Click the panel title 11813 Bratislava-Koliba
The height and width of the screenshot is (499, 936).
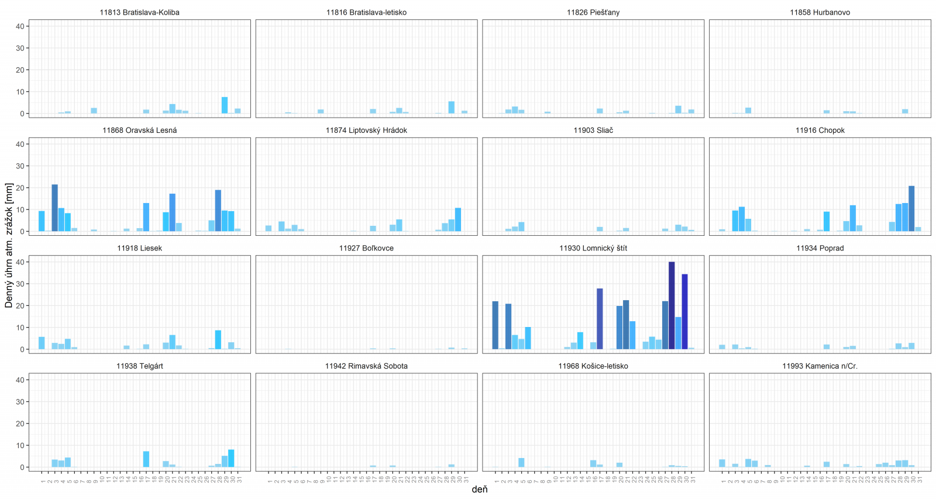(139, 12)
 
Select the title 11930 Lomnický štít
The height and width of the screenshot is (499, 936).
(593, 248)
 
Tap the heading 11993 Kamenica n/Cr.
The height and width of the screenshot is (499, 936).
(820, 366)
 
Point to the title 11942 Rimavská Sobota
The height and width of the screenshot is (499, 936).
(366, 366)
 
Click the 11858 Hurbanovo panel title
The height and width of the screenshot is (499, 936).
(820, 12)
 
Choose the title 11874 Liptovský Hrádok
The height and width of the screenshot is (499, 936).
(366, 130)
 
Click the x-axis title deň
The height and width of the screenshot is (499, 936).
(479, 490)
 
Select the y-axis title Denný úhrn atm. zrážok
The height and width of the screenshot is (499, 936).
(9, 245)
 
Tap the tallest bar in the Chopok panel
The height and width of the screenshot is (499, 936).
(911, 208)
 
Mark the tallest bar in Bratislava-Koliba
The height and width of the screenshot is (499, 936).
(225, 105)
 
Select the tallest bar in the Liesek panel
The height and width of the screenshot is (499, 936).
(218, 340)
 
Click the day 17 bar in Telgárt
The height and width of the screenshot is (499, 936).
(146, 459)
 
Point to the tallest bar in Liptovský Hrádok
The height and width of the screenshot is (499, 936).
(458, 219)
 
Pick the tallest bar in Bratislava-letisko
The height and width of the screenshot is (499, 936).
(452, 108)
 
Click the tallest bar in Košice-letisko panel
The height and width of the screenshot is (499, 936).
(521, 463)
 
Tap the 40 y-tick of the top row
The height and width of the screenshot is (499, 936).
(20, 26)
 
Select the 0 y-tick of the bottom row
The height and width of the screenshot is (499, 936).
(22, 467)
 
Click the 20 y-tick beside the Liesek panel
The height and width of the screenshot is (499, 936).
(20, 306)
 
